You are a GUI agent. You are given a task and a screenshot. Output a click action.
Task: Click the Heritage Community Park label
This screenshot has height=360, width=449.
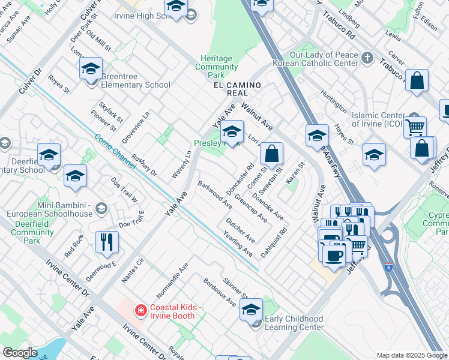217,67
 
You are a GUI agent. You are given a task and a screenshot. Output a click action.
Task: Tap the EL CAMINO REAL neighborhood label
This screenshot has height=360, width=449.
237,89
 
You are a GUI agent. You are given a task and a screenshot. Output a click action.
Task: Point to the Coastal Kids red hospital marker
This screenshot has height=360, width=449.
140,310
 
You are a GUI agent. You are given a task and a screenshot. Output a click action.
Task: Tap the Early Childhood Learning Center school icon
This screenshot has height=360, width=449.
251,309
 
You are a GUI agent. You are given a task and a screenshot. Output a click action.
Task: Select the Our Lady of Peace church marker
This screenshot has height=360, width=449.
367,59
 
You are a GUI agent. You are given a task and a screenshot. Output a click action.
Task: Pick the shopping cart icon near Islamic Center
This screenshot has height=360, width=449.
415,127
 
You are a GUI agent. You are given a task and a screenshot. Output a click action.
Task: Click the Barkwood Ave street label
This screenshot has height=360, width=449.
215,194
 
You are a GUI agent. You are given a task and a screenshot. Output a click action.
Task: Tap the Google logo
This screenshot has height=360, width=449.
20,353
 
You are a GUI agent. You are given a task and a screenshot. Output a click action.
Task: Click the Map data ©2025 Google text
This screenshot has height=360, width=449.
411,355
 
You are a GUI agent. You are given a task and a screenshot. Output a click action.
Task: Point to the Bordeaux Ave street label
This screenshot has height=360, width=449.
219,292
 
